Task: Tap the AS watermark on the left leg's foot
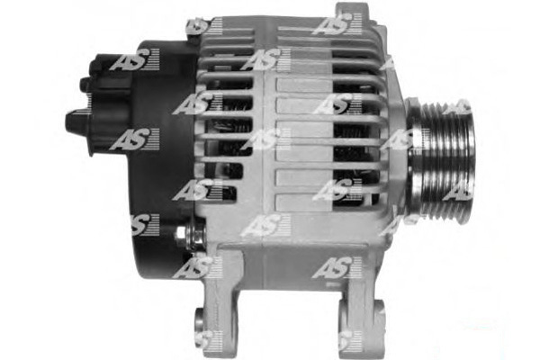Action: click(x=210, y=340)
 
